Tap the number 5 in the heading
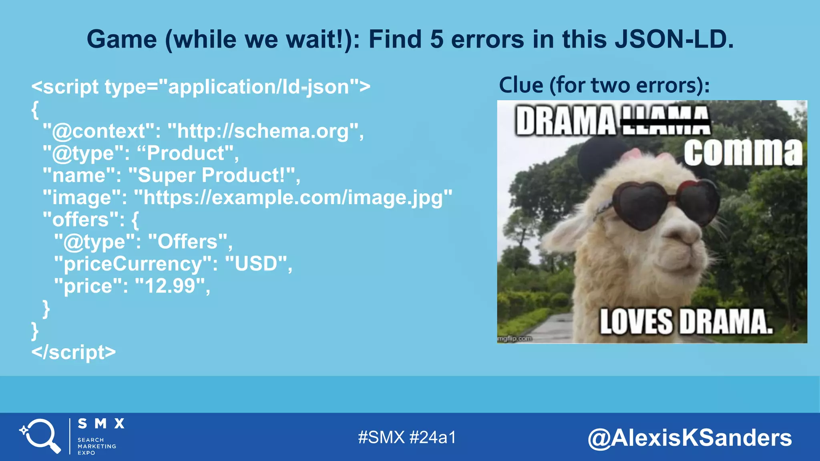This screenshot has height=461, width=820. pyautogui.click(x=437, y=40)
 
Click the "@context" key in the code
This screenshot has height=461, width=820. pyautogui.click(x=98, y=131)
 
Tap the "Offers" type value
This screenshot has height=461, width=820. pyautogui.click(x=187, y=242)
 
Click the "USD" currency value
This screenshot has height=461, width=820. pyautogui.click(x=256, y=264)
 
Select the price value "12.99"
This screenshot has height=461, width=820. pyautogui.click(x=170, y=286)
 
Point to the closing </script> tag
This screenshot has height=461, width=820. pyautogui.click(x=74, y=352)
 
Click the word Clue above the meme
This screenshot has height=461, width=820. pyautogui.click(x=521, y=85)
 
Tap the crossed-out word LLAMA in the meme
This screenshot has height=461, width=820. pyautogui.click(x=665, y=120)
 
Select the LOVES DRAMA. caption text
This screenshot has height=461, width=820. pyautogui.click(x=685, y=322)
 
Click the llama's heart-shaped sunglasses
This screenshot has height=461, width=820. pyautogui.click(x=665, y=204)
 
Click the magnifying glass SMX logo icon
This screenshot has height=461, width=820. pyautogui.click(x=40, y=436)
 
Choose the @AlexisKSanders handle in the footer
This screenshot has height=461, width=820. pyautogui.click(x=689, y=438)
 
